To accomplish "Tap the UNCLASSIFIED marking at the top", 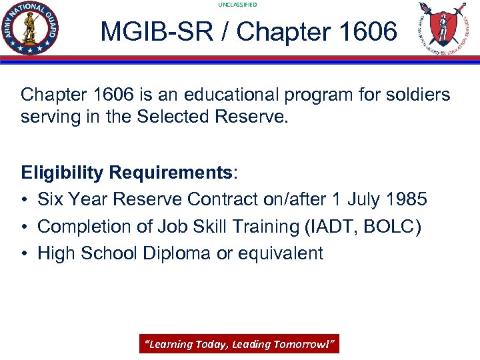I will pos(237,5).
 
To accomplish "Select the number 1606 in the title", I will pos(364,31).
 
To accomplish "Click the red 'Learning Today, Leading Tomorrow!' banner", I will pos(239,344).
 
